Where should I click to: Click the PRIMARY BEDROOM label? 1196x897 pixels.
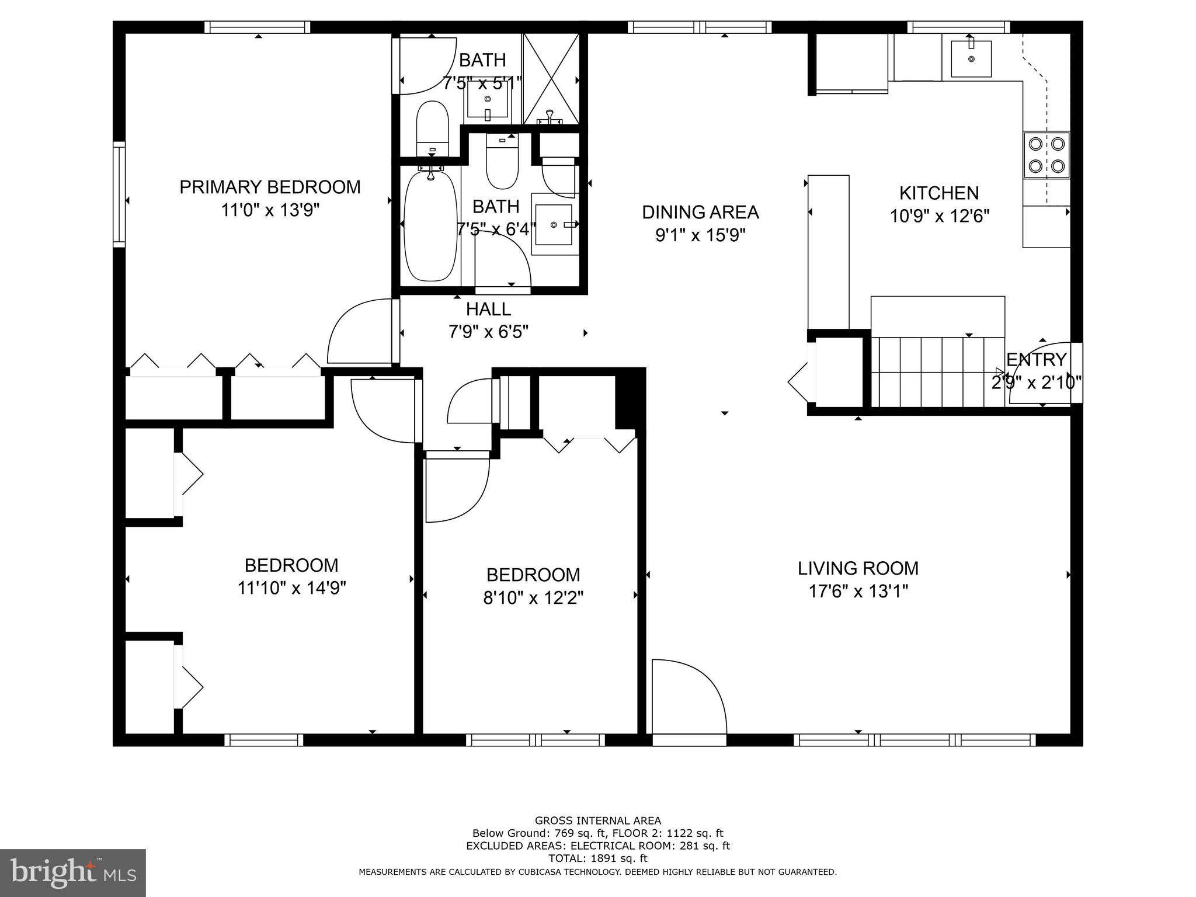coord(270,187)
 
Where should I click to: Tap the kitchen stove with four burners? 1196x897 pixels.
coord(1046,155)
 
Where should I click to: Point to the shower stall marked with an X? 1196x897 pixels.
coord(551,78)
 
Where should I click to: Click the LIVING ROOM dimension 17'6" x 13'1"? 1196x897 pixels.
coord(858,592)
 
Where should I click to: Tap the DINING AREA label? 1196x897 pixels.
coord(700,212)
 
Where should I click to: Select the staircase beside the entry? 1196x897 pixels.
coord(937,371)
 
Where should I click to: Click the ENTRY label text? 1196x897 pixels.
coord(1036,359)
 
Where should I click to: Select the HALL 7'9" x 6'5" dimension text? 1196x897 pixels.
coord(488,332)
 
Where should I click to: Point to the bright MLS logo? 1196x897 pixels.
coord(72,872)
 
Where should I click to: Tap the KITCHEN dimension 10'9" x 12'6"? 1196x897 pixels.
coord(939,217)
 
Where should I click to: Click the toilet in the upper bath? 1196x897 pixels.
coord(432,127)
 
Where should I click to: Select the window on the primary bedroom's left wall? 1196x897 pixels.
coord(119,194)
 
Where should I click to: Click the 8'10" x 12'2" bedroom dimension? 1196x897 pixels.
coord(533,598)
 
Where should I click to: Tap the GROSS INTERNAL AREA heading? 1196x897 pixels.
coord(597,820)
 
